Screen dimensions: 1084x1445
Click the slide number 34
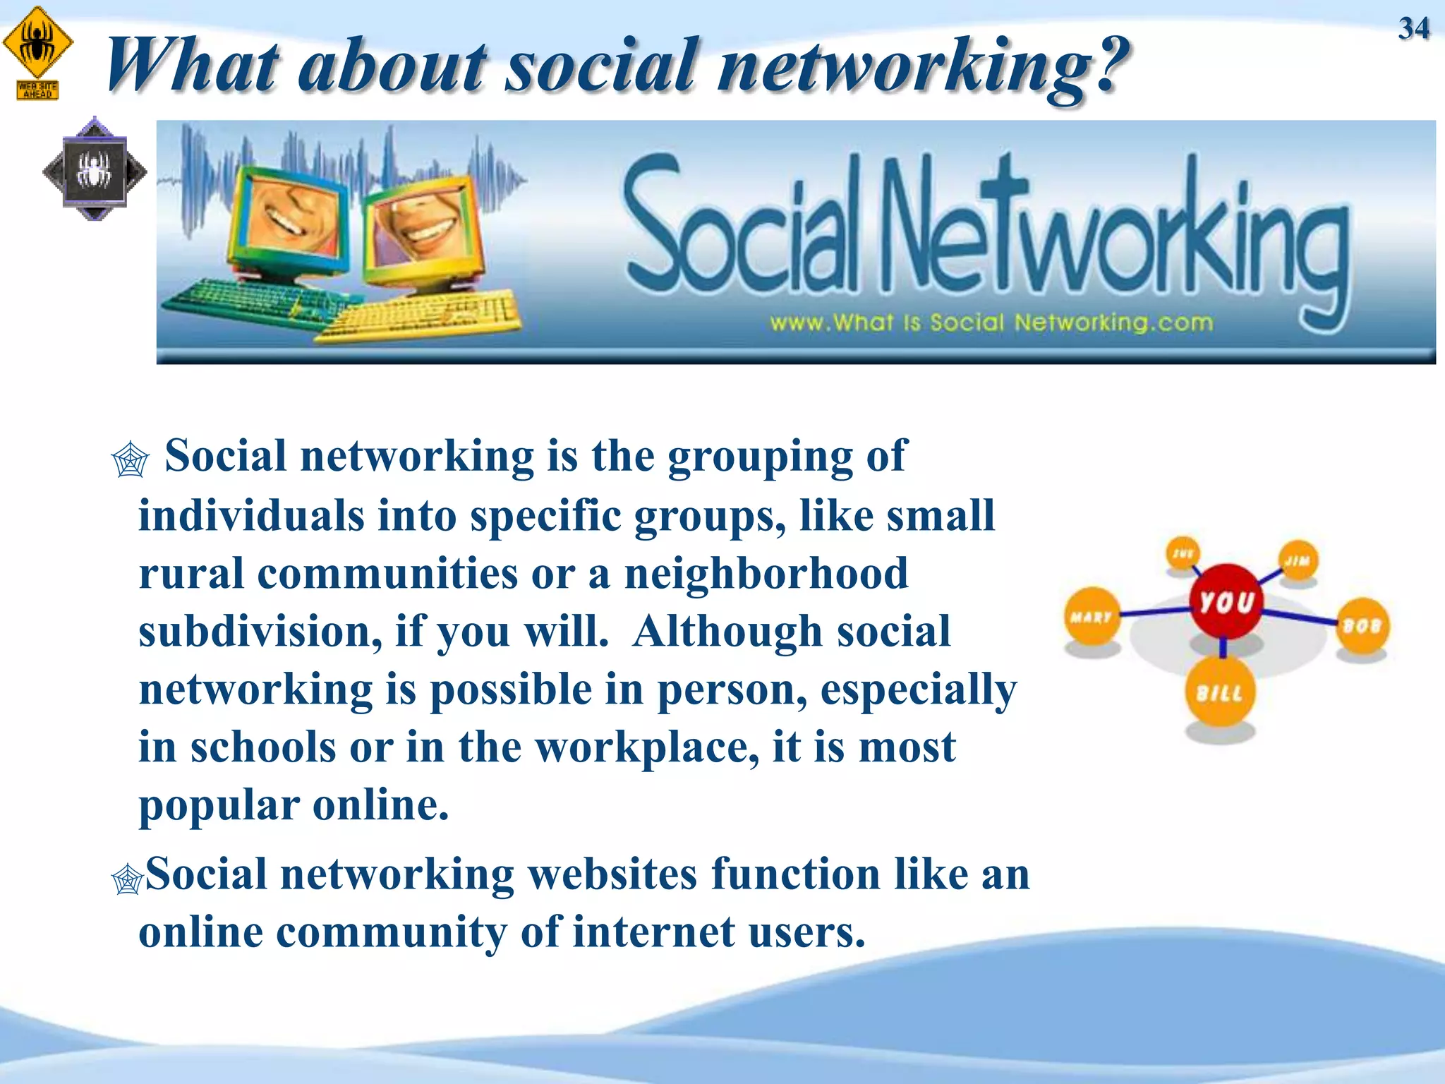coord(1413,29)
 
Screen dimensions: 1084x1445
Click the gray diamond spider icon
coord(95,169)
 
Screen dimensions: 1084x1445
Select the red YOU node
coord(1226,601)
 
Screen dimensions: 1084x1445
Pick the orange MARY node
coord(1092,616)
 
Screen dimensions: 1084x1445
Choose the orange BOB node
coord(1362,625)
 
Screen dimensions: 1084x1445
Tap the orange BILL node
coord(1220,692)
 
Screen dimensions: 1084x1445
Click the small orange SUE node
coord(1183,553)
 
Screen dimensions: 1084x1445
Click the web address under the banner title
coord(991,323)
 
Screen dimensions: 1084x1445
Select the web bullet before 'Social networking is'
coord(131,460)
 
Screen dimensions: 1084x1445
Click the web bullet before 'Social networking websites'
coord(128,879)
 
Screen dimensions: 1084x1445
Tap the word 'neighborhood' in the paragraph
coord(766,573)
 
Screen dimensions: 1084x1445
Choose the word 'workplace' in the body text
coord(647,747)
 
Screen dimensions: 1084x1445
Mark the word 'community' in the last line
coord(392,932)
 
